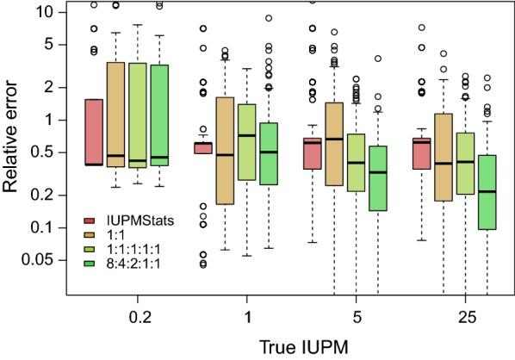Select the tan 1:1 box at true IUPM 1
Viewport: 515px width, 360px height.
point(225,150)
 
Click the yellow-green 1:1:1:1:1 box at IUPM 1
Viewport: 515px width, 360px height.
point(246,141)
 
